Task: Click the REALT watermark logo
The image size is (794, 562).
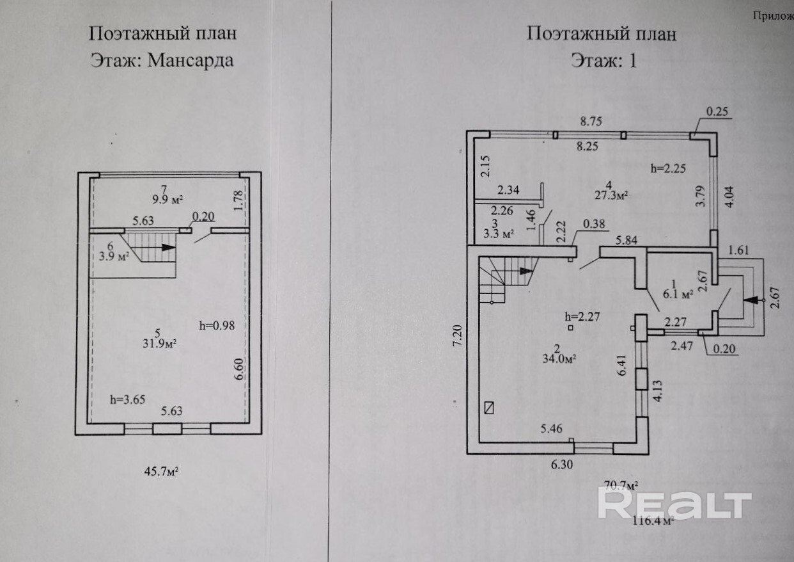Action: [x=674, y=504]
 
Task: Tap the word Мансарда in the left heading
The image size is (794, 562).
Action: [x=190, y=61]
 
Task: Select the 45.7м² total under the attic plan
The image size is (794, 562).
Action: [x=159, y=472]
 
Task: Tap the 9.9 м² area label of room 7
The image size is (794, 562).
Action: [x=164, y=198]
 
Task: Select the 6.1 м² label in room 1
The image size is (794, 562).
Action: [x=675, y=295]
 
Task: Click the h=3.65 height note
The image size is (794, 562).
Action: [x=128, y=399]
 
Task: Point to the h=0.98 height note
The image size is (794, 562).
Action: [x=217, y=325]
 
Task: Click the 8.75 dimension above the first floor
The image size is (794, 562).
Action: [x=593, y=120]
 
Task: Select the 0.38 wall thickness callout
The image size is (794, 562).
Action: [x=594, y=224]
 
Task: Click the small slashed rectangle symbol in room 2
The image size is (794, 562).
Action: [x=490, y=407]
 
